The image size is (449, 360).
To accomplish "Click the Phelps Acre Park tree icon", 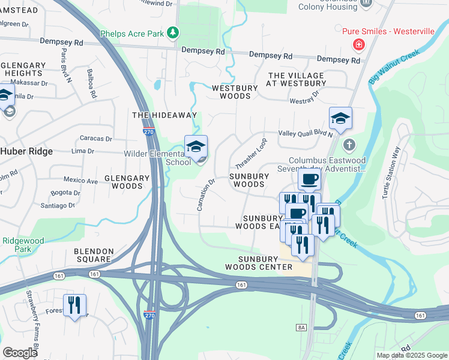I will pos(173,32).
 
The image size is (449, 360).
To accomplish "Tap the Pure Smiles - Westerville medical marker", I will pos(358,44).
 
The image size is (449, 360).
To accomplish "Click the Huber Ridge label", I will pos(26,152).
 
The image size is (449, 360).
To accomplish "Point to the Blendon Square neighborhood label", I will pos(93,255).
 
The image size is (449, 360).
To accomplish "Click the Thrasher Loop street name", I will pos(250,154).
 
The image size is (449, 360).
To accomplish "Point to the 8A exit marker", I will pos(301,327).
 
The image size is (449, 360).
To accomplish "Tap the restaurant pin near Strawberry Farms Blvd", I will pos(74,305).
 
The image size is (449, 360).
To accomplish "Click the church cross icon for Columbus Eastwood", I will pos(349,145).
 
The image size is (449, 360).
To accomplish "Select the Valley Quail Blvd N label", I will pos(305,134).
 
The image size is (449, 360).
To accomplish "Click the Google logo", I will pos(20,352).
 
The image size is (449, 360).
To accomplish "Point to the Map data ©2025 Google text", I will pos(411,355).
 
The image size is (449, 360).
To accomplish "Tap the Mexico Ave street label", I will pos(81,181).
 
